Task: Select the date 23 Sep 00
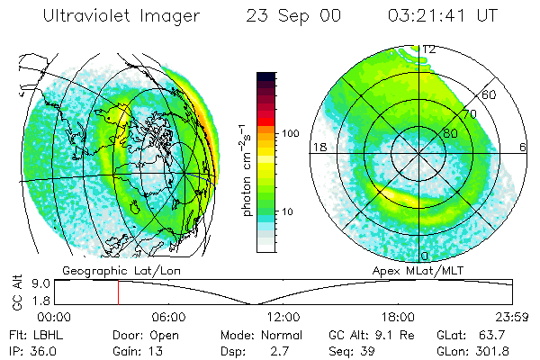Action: [x=281, y=17]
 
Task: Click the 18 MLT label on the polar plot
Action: [x=317, y=146]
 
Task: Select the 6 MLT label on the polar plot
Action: [x=524, y=146]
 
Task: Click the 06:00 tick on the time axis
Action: [x=168, y=317]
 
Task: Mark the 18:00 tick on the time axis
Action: [x=398, y=317]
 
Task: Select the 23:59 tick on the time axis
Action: [x=513, y=317]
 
